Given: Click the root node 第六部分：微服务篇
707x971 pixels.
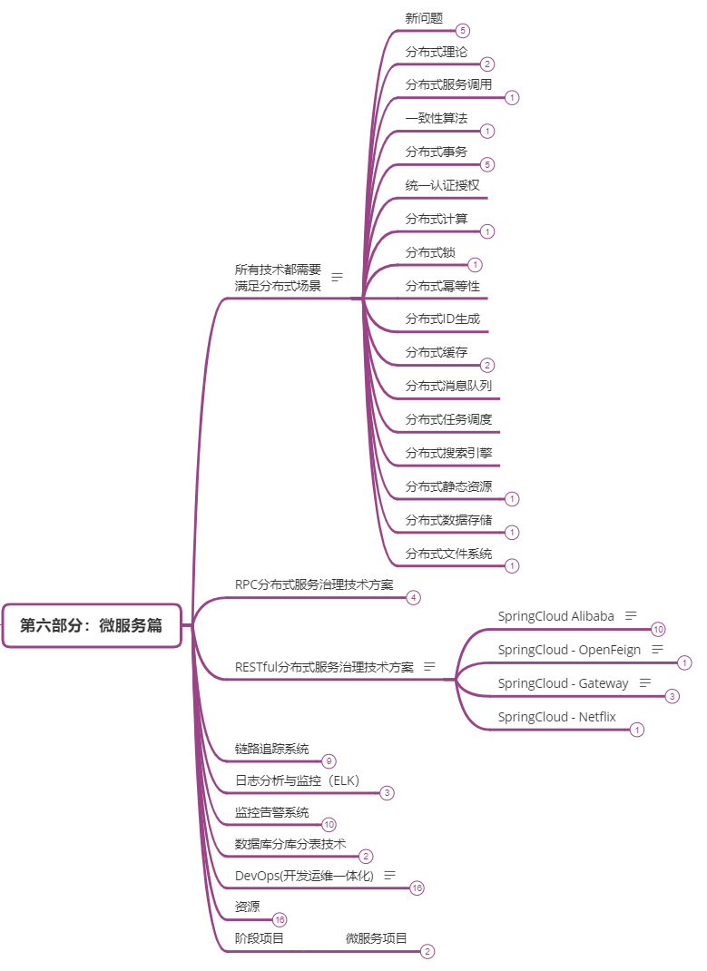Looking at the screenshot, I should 92,625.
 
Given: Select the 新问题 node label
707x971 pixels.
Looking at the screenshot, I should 425,18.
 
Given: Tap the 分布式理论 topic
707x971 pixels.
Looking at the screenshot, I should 437,52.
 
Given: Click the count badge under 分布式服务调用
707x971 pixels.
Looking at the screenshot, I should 512,97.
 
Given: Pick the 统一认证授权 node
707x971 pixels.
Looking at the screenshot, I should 442,185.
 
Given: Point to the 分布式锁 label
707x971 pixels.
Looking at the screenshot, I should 430,252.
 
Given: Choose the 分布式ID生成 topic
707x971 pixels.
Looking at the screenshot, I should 442,319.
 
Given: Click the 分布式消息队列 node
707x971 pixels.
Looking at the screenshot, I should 448,386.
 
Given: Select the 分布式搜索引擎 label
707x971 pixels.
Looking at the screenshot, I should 448,453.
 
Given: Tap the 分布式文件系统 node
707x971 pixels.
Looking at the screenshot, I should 448,554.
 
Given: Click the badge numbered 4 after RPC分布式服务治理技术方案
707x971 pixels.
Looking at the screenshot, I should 413,597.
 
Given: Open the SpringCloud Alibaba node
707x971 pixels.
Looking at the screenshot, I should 555,616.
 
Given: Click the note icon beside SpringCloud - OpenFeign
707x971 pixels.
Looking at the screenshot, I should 658,650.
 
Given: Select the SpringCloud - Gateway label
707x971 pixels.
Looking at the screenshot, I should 563,683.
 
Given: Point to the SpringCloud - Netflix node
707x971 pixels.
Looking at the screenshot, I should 556,717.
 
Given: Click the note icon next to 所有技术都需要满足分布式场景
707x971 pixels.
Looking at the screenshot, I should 337,277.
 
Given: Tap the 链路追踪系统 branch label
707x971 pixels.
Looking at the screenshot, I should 271,749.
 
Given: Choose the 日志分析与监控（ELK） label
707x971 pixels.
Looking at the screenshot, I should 297,780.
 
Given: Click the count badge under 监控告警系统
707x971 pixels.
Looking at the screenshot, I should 329,824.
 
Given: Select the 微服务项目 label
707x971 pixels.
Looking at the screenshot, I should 376,938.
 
